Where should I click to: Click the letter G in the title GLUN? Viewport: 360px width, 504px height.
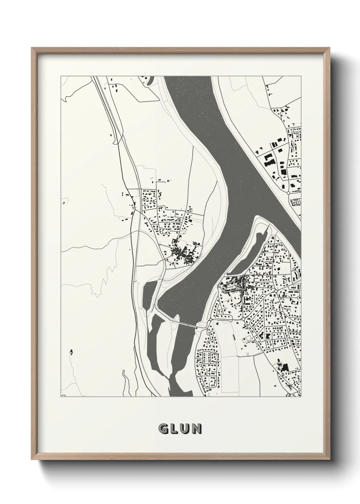[x=163, y=429]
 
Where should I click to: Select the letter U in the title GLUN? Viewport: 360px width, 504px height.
[x=185, y=429]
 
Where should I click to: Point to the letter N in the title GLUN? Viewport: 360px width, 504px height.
[x=196, y=429]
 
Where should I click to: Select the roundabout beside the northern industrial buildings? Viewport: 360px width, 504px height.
[x=289, y=193]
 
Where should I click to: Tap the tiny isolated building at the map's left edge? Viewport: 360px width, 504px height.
[x=63, y=203]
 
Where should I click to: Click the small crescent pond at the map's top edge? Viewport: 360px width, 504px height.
[x=149, y=80]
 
